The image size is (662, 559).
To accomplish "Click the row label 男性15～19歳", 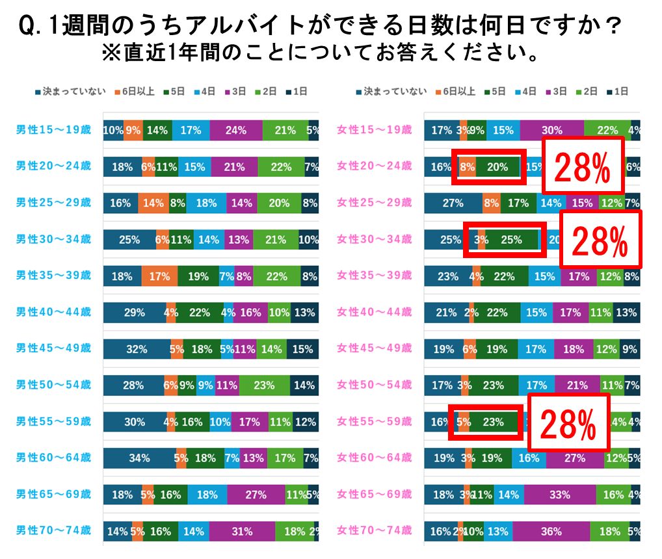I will pos(53,130).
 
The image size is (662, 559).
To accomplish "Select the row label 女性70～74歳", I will pos(374,531).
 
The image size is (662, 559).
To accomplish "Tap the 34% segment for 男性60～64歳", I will pos(139,458).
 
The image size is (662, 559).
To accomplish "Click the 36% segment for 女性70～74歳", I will pos(550,531).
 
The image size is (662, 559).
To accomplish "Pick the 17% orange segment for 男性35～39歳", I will pos(159,276).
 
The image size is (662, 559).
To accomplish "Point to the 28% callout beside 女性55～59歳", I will pos(568,422).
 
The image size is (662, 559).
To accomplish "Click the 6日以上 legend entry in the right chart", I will pos(459,92).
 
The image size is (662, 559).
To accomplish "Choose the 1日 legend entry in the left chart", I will pos(295,92).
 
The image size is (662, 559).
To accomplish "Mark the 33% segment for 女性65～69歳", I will pos(560,495).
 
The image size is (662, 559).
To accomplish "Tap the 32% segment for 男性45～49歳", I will pos(137,349).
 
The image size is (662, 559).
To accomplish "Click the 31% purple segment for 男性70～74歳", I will pos(241,531).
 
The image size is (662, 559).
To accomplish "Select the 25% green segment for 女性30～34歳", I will pos(511,240).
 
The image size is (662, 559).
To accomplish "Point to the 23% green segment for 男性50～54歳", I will pos(263,385).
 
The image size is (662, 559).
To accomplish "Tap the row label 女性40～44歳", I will pos(374,312).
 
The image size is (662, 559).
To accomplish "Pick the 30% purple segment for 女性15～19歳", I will pos(551,130).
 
